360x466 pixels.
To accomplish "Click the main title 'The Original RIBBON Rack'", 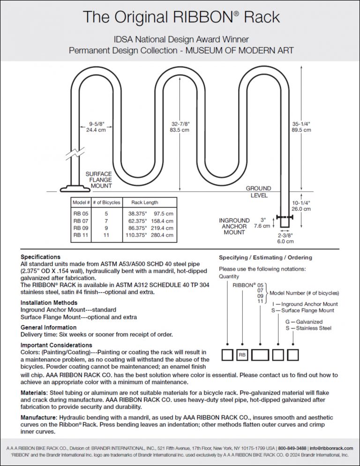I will (x=181, y=17).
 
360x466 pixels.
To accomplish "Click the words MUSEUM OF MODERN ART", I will (x=240, y=50).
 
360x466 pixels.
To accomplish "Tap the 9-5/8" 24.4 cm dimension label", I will (x=97, y=126).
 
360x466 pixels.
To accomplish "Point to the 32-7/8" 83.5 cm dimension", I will (x=180, y=126).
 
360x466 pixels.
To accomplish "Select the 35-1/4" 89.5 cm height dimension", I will (x=301, y=126).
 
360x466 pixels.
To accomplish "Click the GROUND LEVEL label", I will (x=258, y=192).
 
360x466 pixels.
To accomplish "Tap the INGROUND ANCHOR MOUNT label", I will (x=234, y=226).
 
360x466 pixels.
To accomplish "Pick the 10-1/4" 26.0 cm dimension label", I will (x=301, y=206).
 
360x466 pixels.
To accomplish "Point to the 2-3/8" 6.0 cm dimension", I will (x=285, y=239).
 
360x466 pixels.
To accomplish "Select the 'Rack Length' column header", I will (x=144, y=203).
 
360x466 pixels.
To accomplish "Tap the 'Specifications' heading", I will (x=40, y=257).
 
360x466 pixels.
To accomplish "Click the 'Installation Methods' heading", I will (x=49, y=303).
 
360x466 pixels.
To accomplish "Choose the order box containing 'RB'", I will (x=242, y=355).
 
